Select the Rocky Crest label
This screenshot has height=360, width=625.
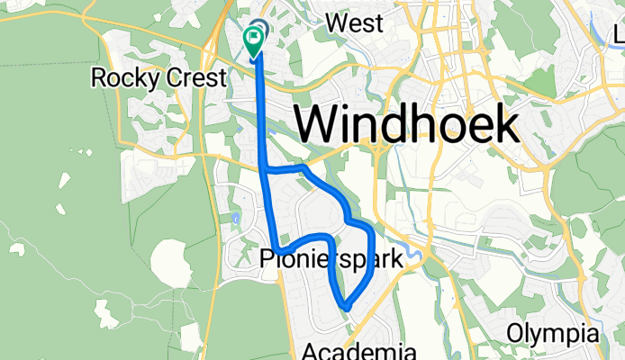159,77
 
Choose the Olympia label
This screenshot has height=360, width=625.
552,333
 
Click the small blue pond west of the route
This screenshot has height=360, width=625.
234,219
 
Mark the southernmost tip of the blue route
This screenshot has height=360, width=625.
344,309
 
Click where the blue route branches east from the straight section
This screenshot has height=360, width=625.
267,168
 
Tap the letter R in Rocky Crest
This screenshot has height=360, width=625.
99,77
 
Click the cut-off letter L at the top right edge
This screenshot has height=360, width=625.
620,35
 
